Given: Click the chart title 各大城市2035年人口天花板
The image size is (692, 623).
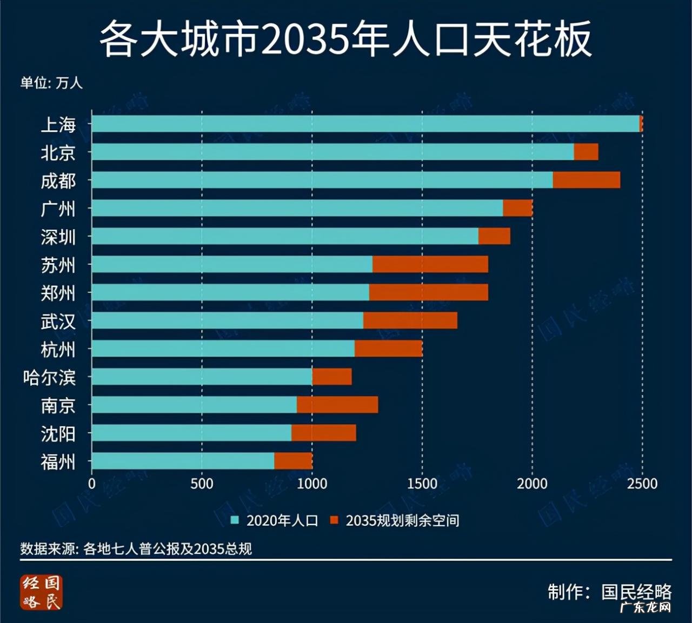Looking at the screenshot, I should coord(346,39).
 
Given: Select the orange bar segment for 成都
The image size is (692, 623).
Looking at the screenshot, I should coord(586,180).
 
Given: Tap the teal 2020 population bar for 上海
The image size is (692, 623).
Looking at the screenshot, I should coord(365,124).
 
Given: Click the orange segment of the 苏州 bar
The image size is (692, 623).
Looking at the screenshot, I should coord(430,264).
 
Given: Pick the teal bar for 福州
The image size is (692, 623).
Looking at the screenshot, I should coord(183,461).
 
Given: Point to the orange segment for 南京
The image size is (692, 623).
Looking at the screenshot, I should coord(337,405).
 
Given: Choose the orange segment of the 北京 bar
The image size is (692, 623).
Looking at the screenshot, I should coord(585,152).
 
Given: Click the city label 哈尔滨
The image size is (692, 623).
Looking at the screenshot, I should coord(49,377).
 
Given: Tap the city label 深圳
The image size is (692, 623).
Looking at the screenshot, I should coord(58,237).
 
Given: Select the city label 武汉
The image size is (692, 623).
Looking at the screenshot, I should coord(58,321).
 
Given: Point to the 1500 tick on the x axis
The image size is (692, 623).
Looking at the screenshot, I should coord(422,484).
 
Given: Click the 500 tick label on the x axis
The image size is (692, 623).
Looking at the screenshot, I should coord(202,484).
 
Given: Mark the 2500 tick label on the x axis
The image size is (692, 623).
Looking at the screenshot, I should coord(642,484).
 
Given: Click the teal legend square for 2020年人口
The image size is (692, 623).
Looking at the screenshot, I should coord(235,520).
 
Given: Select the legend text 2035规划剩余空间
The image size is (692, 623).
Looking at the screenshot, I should coord(402,520).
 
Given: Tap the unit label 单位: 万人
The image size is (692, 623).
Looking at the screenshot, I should coord(51,83).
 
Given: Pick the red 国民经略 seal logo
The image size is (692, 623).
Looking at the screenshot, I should coord(42,592).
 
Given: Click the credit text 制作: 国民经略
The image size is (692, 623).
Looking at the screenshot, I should coord(609,592).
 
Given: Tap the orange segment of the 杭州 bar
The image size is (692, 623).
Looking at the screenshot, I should coord(388,349).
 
